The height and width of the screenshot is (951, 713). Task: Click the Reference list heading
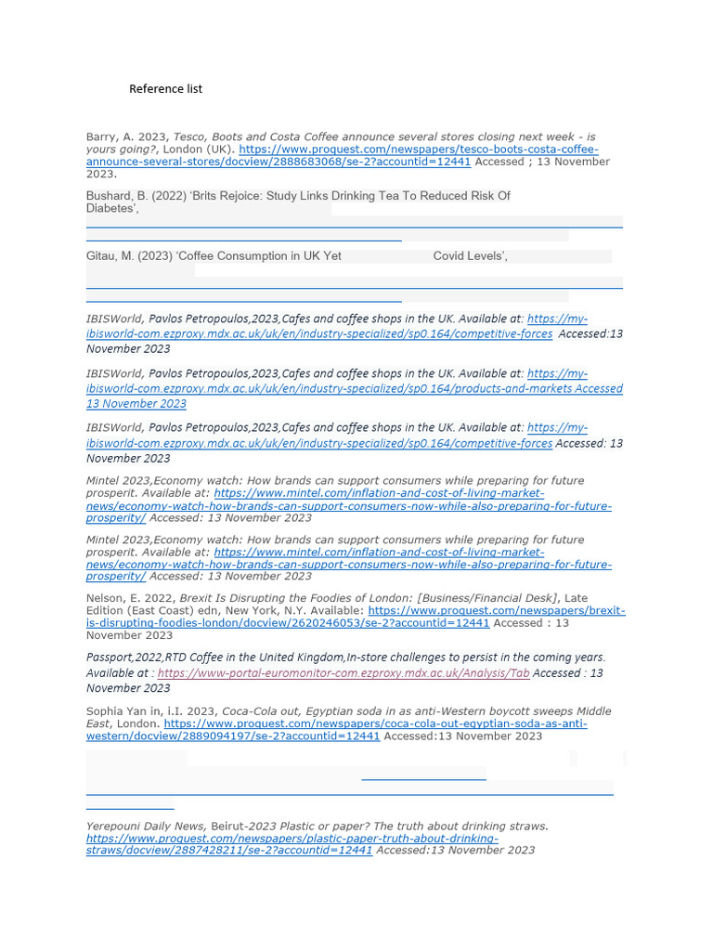(x=165, y=89)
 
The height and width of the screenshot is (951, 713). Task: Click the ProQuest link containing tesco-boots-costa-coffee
(x=418, y=150)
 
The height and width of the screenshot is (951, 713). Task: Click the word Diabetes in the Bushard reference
(x=110, y=209)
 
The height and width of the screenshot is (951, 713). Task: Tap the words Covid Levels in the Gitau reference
(x=469, y=256)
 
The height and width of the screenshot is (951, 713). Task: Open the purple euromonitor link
(x=344, y=673)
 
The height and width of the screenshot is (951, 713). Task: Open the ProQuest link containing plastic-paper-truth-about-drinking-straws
(x=292, y=839)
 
